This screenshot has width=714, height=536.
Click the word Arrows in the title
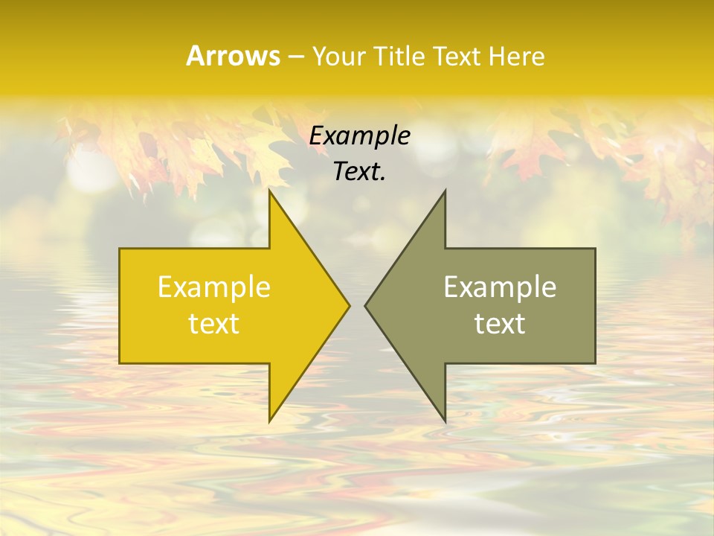233,56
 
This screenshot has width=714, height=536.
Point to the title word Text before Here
458,56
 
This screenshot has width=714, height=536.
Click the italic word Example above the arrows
360,136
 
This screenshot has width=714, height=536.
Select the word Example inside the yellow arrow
214,287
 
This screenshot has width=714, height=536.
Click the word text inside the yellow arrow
214,323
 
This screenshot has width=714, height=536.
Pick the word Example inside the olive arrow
500,287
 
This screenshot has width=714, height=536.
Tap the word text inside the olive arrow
500,323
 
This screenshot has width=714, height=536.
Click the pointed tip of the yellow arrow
350,305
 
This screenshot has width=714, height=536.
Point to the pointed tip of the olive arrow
365,305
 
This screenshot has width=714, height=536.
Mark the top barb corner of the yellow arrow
269,191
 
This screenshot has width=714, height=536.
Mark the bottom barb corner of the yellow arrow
269,421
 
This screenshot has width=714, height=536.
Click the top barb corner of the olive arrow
445,191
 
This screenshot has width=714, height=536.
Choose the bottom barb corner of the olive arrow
445,421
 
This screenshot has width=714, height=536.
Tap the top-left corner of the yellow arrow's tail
120,249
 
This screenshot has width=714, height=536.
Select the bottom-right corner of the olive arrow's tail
595,363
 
